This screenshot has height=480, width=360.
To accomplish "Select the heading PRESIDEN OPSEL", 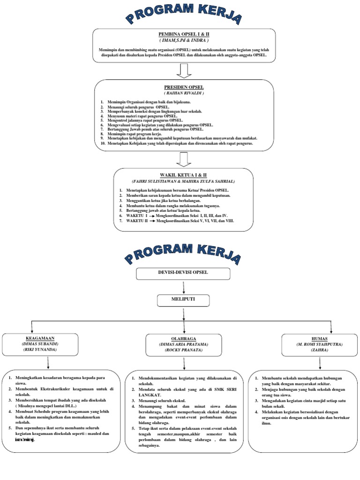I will pos(183,87).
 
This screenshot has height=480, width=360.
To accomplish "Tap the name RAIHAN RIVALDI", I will pos(183,93).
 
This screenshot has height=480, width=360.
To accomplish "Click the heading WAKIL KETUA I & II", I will pos(183,174).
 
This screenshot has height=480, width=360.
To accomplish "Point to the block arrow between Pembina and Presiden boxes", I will pos(183,69).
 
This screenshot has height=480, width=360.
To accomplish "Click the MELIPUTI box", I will pos(183,299).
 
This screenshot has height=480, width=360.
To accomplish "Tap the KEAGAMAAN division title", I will pos(36,337).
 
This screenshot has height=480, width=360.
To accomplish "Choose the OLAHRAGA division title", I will pos(183,338).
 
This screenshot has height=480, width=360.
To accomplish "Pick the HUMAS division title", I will pos(319,337).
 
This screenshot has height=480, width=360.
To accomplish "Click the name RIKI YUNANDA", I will pos(36,350).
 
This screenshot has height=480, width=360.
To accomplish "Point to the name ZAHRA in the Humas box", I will pos(319,350).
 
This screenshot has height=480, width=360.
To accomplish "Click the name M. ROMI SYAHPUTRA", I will pos(319,344).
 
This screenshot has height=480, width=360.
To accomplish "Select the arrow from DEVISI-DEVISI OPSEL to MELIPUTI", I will pos(183,286).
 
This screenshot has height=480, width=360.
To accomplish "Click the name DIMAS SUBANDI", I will pos(36,344).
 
